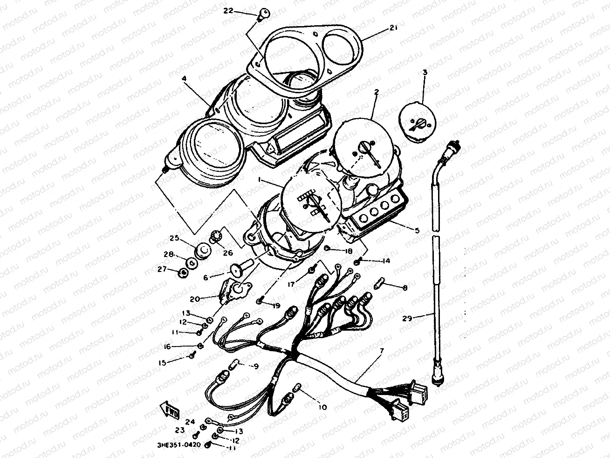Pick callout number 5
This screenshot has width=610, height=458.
click(417, 230)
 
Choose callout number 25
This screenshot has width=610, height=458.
click(174, 238)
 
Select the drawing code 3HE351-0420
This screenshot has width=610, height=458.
click(179, 445)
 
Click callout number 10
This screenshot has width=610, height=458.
click(322, 407)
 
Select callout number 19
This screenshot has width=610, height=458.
click(276, 306)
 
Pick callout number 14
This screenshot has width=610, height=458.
click(386, 262)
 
